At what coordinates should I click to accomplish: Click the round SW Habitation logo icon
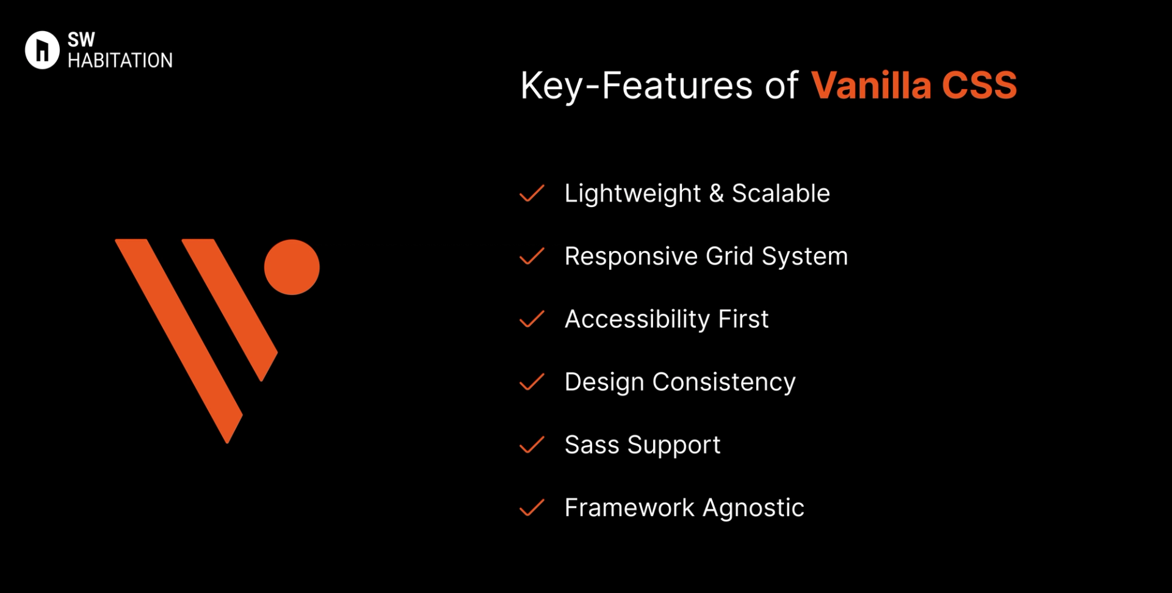pyautogui.click(x=42, y=50)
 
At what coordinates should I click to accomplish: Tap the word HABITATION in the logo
pyautogui.click(x=120, y=60)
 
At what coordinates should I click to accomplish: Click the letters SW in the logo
pyautogui.click(x=81, y=40)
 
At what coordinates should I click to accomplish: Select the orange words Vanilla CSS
pyautogui.click(x=914, y=85)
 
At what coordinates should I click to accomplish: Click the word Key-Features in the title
pyautogui.click(x=636, y=85)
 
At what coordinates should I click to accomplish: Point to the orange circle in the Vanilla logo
pyautogui.click(x=292, y=267)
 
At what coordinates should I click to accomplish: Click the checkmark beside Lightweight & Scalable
pyautogui.click(x=532, y=194)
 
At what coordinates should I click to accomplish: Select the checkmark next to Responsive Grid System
pyautogui.click(x=532, y=256)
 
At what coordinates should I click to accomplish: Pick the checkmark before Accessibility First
pyautogui.click(x=532, y=319)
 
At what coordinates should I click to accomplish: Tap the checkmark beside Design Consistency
pyautogui.click(x=532, y=382)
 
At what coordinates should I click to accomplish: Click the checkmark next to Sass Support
pyautogui.click(x=532, y=445)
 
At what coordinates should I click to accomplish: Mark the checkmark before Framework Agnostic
pyautogui.click(x=532, y=508)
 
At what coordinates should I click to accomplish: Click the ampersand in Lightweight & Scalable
pyautogui.click(x=717, y=194)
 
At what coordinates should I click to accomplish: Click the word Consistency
pyautogui.click(x=724, y=382)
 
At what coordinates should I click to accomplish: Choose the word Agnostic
pyautogui.click(x=753, y=508)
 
